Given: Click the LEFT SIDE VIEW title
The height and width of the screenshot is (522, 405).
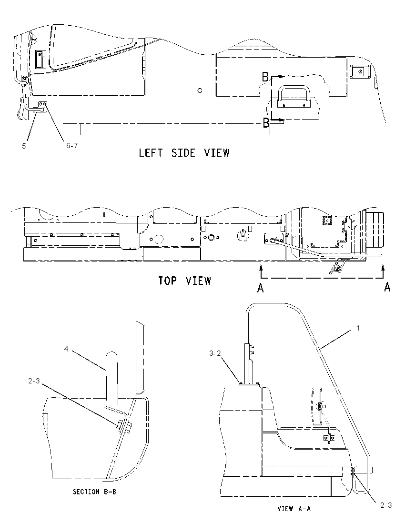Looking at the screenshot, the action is coord(184,153).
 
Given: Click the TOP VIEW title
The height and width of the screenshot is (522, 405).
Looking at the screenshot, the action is coord(184,281).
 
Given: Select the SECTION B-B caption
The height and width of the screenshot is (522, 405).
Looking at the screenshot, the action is coord(95,492).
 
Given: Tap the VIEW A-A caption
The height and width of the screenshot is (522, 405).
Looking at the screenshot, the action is coord(294,508).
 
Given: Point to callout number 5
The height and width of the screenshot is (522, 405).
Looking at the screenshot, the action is coord(24,146).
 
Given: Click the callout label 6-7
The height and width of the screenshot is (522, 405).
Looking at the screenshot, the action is coord(72,145).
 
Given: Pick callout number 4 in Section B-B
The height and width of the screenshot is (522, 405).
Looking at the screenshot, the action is coord(66,349).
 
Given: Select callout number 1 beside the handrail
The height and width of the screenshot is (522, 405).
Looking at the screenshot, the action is coord(358,328).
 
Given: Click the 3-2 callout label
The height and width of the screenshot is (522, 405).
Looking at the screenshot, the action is coord(215,353).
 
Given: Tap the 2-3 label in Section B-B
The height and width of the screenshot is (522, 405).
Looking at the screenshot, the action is coord(34,381).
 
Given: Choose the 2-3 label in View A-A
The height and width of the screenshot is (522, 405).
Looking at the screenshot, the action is coord(386,505).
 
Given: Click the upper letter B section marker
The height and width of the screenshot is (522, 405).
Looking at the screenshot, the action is coord(265,77).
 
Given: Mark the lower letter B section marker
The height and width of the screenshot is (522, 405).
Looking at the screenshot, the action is coord(266,123).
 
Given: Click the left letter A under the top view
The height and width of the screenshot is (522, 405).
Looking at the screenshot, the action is coord(261,288).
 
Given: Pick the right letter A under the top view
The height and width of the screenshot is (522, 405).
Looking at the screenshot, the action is coord(387,287).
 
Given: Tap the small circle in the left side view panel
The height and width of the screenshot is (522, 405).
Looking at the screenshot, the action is coord(200,90).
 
